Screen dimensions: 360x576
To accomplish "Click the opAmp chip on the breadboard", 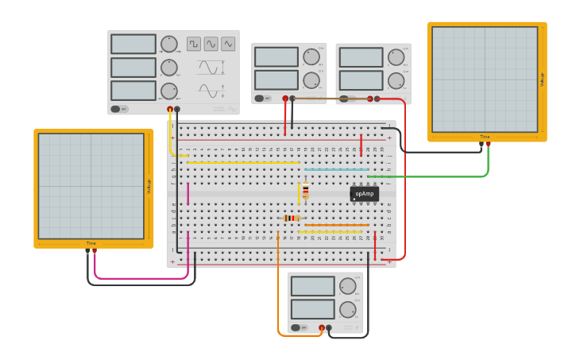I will click(364, 193).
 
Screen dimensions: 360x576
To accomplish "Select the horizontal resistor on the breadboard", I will click(292, 218).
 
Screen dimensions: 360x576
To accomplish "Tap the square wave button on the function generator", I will click(194, 44).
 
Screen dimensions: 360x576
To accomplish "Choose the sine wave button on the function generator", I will click(211, 44).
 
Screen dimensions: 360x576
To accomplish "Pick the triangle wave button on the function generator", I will click(229, 44).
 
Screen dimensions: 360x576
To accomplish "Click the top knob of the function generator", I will click(169, 44).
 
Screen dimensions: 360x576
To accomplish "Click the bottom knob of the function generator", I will click(169, 91).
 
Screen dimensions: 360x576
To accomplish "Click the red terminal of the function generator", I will click(169, 109).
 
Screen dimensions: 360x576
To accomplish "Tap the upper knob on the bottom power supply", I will click(347, 286).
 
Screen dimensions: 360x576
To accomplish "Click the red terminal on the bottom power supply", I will click(322, 327).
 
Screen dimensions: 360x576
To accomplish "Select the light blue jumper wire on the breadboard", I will click(336, 169).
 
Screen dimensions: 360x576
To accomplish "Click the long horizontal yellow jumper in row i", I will click(242, 162).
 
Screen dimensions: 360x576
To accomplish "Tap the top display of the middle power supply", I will click(276, 56).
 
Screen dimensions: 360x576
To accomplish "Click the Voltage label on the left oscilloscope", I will click(149, 186).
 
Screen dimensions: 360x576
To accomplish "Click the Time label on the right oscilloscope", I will click(485, 137).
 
